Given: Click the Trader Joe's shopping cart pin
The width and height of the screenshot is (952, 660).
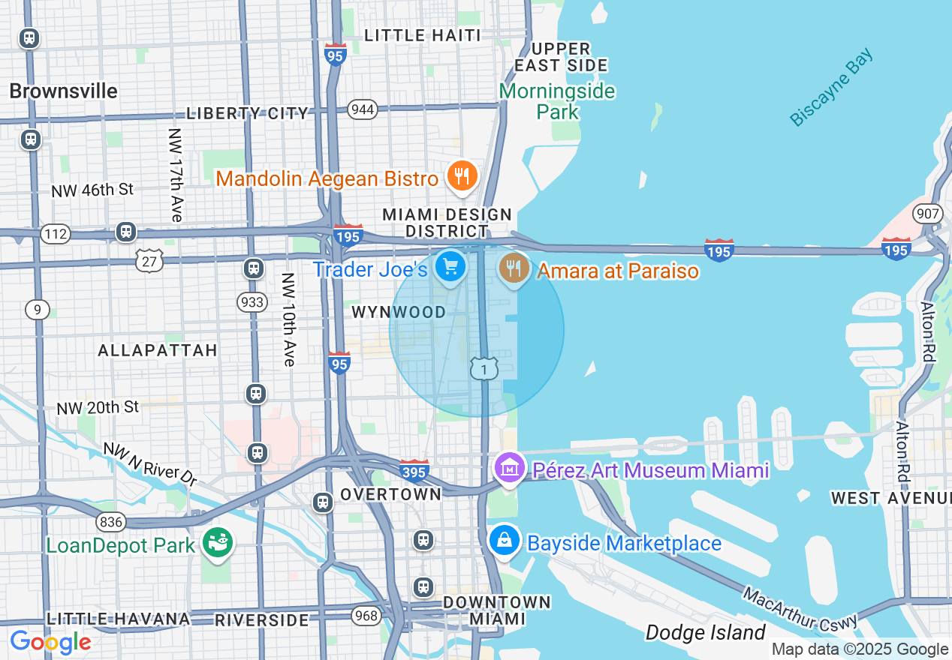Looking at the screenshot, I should coord(450,267).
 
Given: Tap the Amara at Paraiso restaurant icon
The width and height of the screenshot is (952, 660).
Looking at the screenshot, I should coord(514,268).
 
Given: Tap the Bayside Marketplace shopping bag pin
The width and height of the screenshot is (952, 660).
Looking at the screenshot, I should coord(505,541).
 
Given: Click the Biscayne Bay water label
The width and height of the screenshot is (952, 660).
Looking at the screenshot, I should coord(832,87).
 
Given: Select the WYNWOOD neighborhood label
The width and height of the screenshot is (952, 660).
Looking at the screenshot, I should coord(399,312).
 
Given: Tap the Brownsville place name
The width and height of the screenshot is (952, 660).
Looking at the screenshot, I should coord(64,91).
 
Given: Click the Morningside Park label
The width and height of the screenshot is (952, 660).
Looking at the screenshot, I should coord(557,101).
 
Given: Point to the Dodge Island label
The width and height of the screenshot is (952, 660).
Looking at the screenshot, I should coord(705,633).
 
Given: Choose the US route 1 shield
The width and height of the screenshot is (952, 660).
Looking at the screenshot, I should coord(484,368).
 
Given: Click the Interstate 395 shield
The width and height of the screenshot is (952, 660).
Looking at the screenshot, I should coord(414,470).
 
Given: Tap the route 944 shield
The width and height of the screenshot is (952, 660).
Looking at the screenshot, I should coord(363,109).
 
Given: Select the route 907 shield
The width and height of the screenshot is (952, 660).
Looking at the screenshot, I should coord(928,214).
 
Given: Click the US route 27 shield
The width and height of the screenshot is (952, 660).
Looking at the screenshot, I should coord(150,260).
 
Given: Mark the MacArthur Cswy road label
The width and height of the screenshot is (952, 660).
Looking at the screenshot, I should coord(800,609).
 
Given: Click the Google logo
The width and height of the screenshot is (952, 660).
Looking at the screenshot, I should coord(50,643).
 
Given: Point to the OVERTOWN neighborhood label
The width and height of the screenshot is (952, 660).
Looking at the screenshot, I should coord(390,495).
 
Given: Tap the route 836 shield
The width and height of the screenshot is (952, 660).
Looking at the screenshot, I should coord(110,521).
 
